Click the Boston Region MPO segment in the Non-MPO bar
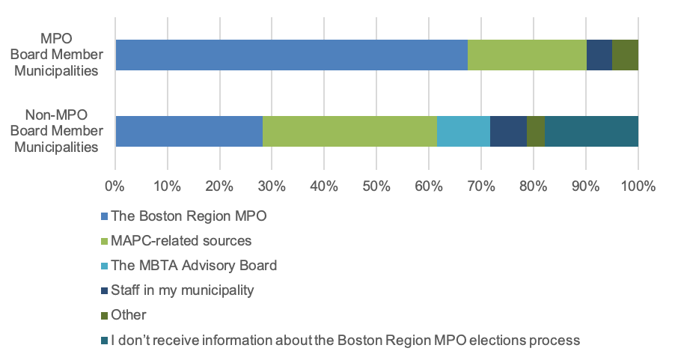pyautogui.click(x=189, y=131)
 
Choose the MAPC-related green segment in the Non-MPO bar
pyautogui.click(x=349, y=131)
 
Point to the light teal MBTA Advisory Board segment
pyautogui.click(x=463, y=131)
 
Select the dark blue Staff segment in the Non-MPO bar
pyautogui.click(x=508, y=131)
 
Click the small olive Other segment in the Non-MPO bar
pyautogui.click(x=535, y=131)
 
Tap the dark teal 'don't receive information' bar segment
pyautogui.click(x=591, y=131)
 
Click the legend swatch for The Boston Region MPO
pyautogui.click(x=104, y=217)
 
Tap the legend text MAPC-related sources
pyautogui.click(x=181, y=241)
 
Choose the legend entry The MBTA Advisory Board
pyautogui.click(x=194, y=265)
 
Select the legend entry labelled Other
pyautogui.click(x=129, y=314)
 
